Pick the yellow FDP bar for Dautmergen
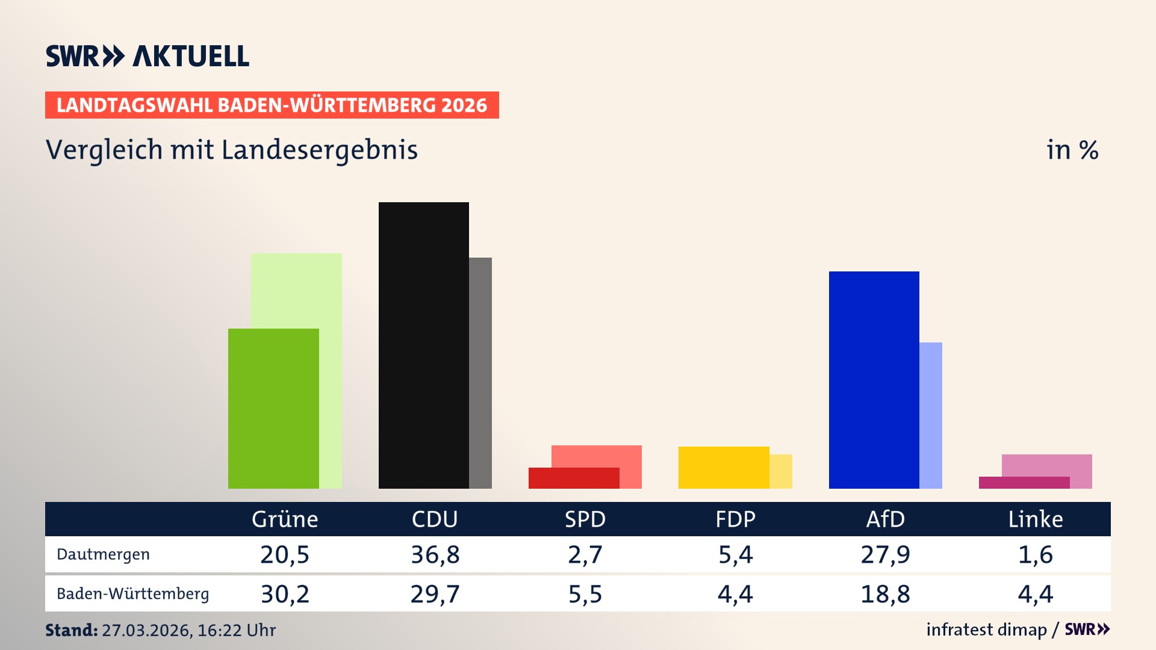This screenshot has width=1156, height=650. tap(723, 467)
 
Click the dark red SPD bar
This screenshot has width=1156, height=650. tap(573, 478)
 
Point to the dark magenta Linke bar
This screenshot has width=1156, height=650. tap(1024, 483)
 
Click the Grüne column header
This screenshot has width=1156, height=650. tap(285, 519)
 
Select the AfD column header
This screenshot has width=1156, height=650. tap(885, 519)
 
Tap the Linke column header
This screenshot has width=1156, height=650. tap(1036, 519)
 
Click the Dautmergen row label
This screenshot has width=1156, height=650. tap(103, 554)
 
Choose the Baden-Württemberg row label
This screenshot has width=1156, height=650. tap(132, 593)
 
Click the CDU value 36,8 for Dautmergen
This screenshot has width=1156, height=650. tap(435, 554)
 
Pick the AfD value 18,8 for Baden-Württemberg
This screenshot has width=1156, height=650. tap(885, 594)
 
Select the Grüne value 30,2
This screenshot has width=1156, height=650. tap(285, 594)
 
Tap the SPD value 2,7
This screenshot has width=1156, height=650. tap(585, 554)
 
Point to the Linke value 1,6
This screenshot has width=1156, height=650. tap(1036, 554)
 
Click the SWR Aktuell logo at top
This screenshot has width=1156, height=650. tap(148, 56)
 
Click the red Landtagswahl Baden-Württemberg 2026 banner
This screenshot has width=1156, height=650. tap(272, 105)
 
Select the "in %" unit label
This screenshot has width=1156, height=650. tap(1072, 150)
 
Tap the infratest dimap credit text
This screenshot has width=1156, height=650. tap(986, 630)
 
